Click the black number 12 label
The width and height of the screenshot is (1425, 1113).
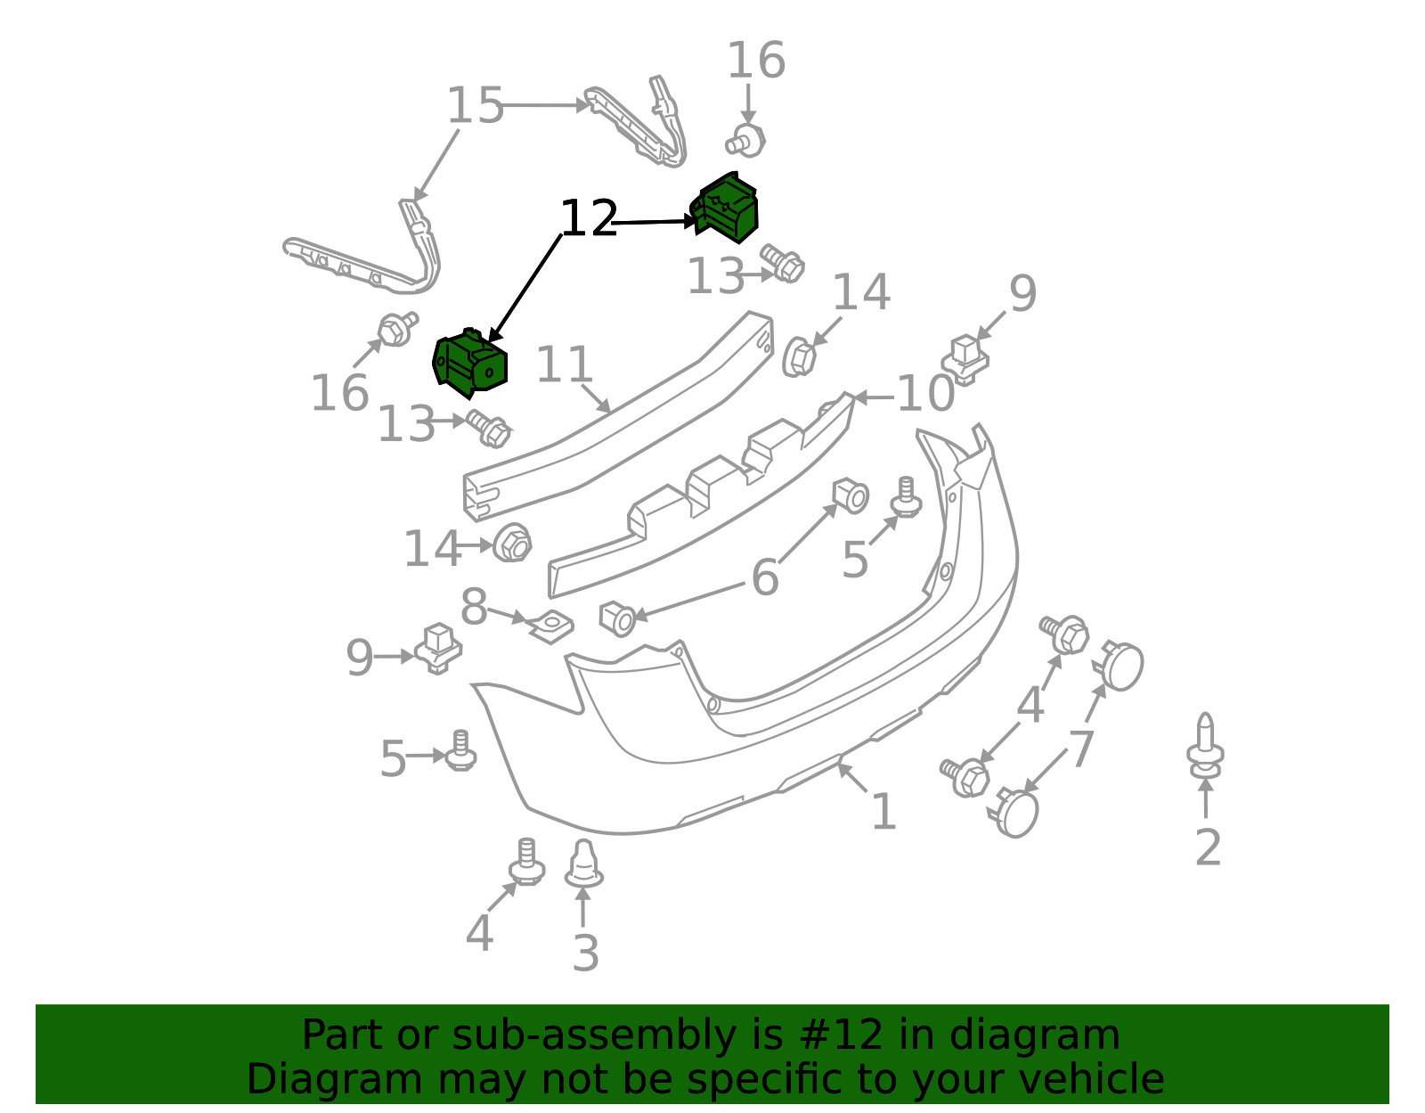(589, 218)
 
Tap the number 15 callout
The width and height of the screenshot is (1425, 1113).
(475, 105)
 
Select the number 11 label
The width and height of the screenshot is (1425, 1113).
(564, 364)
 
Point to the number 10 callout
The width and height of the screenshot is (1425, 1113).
(924, 394)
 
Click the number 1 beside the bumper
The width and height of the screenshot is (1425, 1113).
(884, 811)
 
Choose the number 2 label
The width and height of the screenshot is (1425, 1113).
(1208, 847)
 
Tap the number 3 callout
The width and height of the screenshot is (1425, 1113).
(586, 953)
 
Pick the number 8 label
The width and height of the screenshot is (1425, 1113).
(474, 607)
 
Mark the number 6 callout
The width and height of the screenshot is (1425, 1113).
(765, 577)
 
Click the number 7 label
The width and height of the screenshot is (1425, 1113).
(1082, 748)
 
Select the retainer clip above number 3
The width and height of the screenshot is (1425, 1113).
(583, 863)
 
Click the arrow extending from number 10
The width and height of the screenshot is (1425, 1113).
(875, 397)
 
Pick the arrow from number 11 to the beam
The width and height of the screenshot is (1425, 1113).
(596, 398)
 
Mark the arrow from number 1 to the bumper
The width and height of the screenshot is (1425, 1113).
(851, 777)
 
